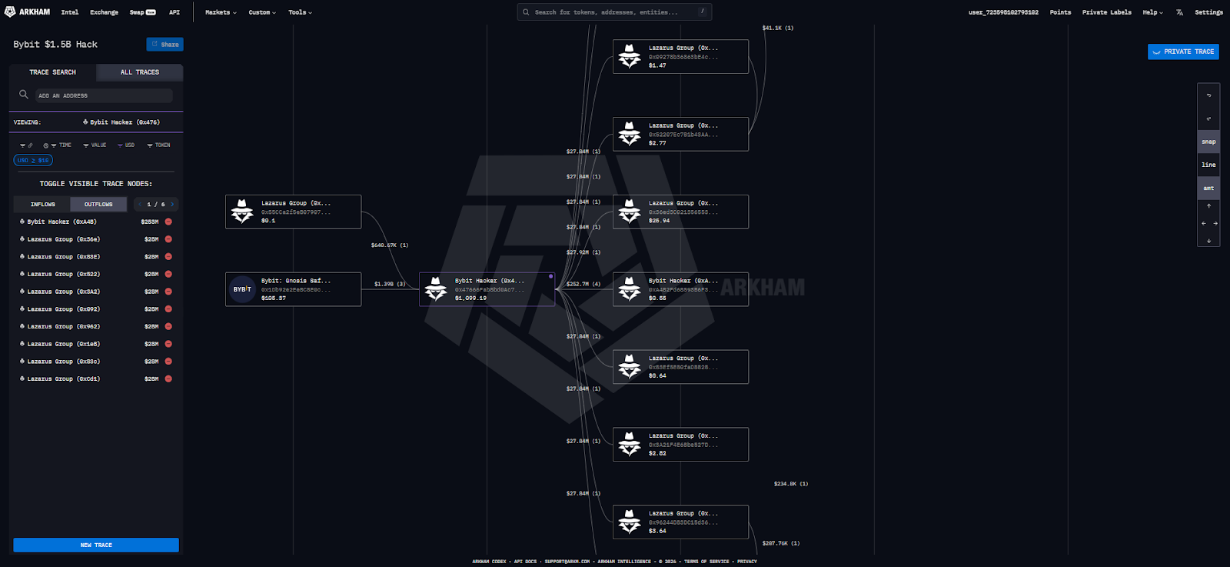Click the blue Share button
(x=165, y=45)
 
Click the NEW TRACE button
(x=96, y=545)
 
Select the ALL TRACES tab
(x=139, y=72)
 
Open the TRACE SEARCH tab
(x=52, y=72)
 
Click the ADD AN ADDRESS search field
(x=103, y=95)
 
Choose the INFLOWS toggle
(x=42, y=205)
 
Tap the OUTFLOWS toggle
(x=98, y=205)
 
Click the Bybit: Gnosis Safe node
(x=293, y=289)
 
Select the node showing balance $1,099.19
(x=487, y=289)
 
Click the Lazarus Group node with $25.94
(x=680, y=212)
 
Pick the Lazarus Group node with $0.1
(x=293, y=212)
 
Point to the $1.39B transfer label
(x=389, y=285)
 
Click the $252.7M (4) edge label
(x=583, y=285)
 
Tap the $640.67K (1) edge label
(x=389, y=245)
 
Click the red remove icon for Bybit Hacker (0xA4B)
(x=168, y=222)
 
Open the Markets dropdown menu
(x=221, y=12)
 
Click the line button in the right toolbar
(x=1208, y=165)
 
